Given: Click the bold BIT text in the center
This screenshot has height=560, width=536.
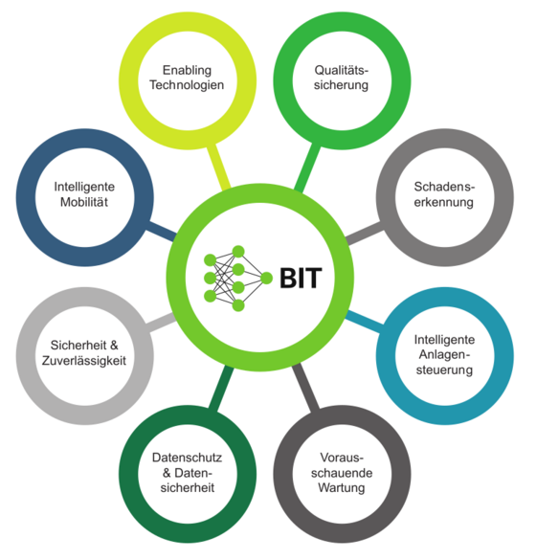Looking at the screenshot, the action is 301,278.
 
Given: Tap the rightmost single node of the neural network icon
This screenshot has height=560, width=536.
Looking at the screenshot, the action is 266,278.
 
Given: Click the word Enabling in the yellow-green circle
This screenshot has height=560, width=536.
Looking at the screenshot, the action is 187,70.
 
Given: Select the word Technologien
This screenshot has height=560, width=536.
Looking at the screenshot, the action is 187,85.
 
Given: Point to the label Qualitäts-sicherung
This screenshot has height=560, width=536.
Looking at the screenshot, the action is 341,78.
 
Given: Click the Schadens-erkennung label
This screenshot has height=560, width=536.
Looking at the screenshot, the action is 444,194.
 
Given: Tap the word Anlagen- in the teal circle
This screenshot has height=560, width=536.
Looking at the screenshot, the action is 444,354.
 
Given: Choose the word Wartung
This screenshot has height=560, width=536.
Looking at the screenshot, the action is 342,487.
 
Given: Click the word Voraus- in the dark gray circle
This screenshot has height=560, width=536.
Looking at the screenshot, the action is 342,458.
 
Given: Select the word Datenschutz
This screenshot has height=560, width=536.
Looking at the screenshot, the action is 187,458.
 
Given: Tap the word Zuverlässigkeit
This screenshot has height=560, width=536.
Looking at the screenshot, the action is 84,360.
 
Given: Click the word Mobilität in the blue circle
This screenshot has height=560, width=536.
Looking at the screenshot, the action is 84,202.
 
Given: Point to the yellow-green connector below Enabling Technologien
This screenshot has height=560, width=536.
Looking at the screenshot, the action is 218,166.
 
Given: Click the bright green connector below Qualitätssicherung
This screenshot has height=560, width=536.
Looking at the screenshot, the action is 307,168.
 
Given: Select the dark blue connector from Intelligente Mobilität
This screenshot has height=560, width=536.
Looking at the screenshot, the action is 162,232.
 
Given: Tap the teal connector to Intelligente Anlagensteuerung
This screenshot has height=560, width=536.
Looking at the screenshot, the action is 365,322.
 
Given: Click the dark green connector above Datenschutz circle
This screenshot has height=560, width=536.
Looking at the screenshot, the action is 221,388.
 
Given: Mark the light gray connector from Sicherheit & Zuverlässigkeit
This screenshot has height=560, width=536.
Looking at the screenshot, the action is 161,323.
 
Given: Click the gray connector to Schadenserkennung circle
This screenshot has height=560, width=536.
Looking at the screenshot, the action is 365,234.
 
